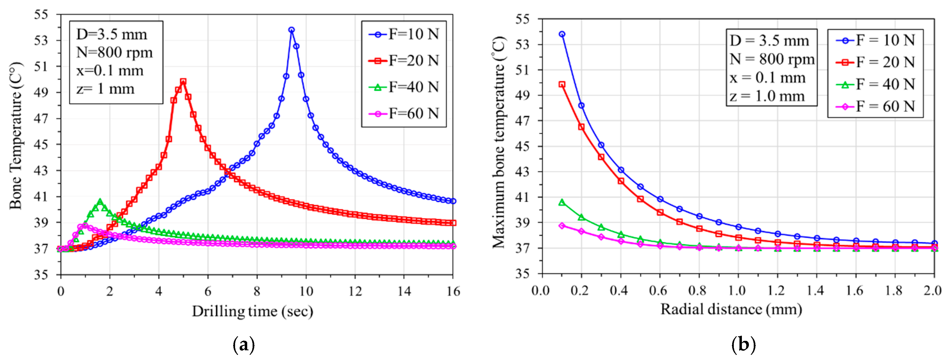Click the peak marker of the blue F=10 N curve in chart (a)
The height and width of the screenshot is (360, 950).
[291, 30]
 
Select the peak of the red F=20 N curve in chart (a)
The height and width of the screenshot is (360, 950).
[183, 81]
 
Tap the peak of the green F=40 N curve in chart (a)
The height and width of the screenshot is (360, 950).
[100, 201]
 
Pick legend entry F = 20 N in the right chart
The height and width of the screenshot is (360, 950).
[876, 62]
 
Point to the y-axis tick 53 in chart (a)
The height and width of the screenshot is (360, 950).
[41, 40]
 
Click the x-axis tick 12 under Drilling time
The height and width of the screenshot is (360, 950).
[355, 292]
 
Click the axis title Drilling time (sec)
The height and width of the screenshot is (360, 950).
[253, 312]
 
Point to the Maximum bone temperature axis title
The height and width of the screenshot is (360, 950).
[499, 142]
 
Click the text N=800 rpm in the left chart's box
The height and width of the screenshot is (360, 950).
[114, 53]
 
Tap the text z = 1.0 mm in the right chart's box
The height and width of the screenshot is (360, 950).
[767, 96]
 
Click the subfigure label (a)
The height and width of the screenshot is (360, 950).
[244, 345]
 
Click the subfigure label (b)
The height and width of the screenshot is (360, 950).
[743, 345]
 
